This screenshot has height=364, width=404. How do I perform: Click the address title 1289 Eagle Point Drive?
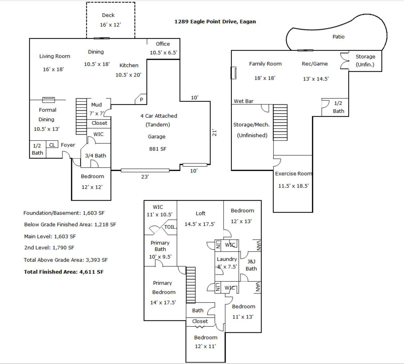tap(215, 22)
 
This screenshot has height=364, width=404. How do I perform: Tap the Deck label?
tap(108, 15)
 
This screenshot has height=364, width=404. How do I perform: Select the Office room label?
tap(163, 44)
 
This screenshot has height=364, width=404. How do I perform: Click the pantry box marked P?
tap(141, 99)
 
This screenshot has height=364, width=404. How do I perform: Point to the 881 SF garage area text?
tap(157, 149)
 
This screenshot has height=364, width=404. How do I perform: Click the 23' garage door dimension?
tap(145, 177)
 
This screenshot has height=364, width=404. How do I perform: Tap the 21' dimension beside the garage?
tap(214, 133)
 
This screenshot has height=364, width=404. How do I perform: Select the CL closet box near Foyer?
tap(52, 145)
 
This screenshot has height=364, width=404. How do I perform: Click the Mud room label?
tap(96, 105)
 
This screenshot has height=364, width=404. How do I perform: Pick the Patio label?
tap(338, 37)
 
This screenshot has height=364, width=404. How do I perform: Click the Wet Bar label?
tap(243, 101)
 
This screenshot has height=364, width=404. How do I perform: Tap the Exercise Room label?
tap(293, 174)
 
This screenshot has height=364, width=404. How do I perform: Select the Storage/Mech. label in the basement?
tap(251, 125)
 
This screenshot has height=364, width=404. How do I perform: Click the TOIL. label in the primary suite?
tap(170, 227)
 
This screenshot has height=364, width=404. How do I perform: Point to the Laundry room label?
tap(227, 259)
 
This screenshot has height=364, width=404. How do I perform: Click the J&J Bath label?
tap(251, 265)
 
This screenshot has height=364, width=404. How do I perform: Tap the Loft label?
tap(200, 214)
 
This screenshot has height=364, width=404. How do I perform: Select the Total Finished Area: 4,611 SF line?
tap(64, 272)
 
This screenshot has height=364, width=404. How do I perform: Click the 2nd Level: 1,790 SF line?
tap(49, 248)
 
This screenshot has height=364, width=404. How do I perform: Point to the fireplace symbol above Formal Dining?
tap(49, 100)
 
